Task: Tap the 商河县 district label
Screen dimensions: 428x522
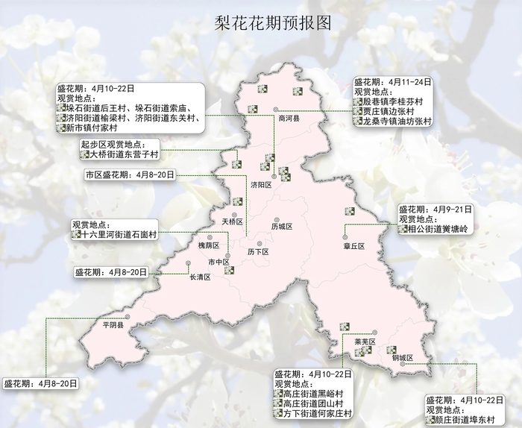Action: [x=289, y=118]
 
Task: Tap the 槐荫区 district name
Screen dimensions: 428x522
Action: [x=209, y=245]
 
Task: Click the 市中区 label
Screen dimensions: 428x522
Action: [x=218, y=262]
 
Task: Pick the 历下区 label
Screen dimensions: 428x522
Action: [x=257, y=252]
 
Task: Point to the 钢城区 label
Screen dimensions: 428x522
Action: [x=403, y=357]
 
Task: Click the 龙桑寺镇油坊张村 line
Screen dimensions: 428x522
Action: [x=396, y=121]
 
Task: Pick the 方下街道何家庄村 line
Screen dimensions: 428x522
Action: [x=312, y=412]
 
